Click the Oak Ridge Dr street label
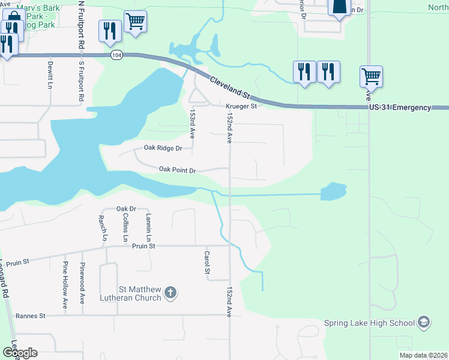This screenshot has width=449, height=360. click(163, 148)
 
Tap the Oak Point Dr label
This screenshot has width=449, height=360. click(178, 170)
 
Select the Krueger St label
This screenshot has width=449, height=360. click(241, 107)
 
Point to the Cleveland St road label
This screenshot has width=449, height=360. click(231, 86)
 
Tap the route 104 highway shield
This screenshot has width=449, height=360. click(116, 55)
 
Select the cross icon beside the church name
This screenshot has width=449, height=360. click(170, 293)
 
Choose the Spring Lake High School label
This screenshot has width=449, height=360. click(369, 323)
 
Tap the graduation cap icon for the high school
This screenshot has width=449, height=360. click(424, 322)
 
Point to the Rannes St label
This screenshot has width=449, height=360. click(31, 316)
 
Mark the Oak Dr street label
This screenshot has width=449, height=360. click(127, 209)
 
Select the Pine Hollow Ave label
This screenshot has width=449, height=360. click(65, 284)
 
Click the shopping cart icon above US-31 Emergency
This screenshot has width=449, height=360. click(372, 76)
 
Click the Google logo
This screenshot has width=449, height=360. click(20, 352)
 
